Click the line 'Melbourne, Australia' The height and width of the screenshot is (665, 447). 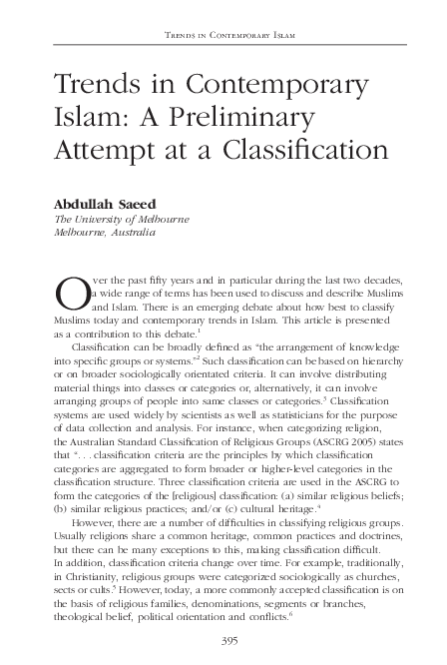[x=104, y=232]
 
